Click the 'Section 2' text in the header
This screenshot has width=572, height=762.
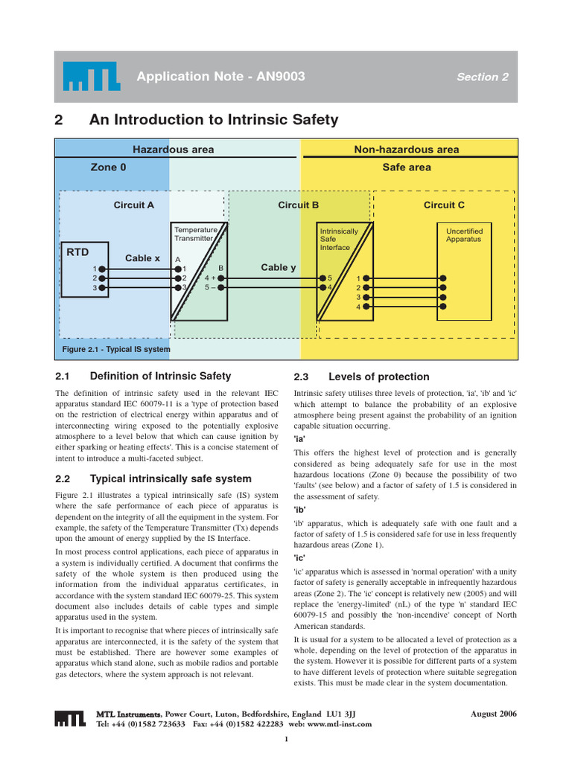point(483,77)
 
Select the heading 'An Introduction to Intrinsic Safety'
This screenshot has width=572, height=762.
point(213,120)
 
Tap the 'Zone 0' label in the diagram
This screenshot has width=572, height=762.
point(108,167)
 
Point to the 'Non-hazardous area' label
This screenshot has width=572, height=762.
point(406,150)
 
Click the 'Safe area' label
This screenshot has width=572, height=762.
point(407,167)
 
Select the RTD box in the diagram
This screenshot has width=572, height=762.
point(85,269)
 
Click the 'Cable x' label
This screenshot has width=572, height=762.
point(142,258)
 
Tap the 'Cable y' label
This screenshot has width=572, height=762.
point(279,267)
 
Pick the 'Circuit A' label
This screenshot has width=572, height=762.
point(134,205)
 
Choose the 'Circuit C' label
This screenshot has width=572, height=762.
point(444,205)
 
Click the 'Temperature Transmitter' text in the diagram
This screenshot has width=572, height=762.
point(194,234)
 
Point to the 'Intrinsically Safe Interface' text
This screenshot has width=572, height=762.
point(339,239)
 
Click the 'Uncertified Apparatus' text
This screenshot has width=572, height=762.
point(464,235)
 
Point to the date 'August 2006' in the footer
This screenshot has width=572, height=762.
point(493,714)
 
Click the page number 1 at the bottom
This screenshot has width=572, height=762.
point(286,739)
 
